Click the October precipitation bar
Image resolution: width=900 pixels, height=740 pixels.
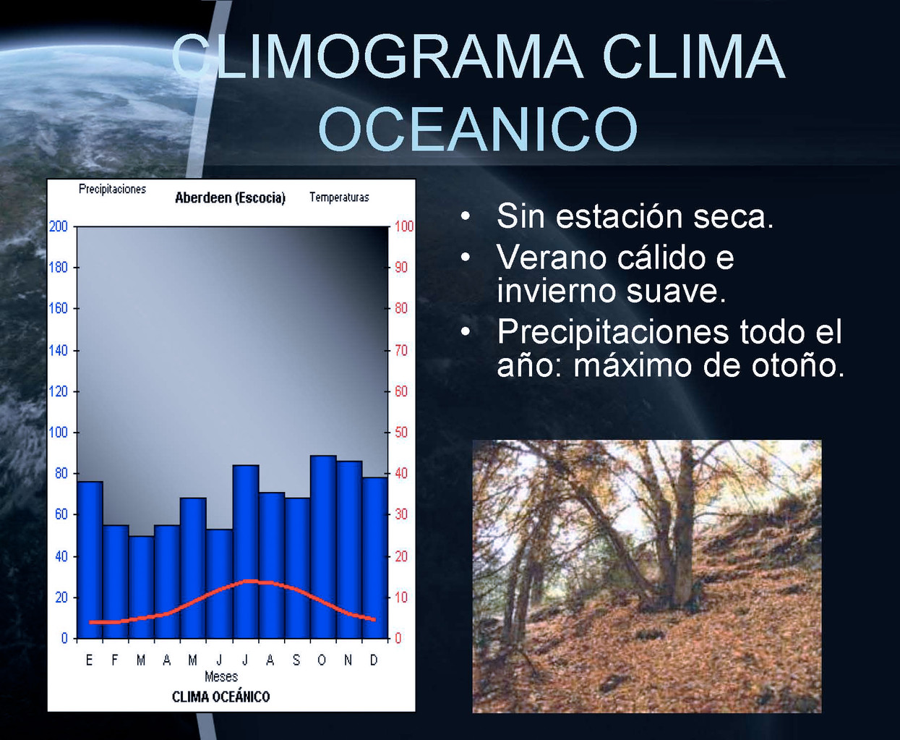click(323, 547)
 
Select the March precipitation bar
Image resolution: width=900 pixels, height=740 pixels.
click(141, 587)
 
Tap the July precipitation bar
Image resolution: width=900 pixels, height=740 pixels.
click(246, 552)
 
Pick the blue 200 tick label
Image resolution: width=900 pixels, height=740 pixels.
click(59, 226)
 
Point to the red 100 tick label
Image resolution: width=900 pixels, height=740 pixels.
click(404, 226)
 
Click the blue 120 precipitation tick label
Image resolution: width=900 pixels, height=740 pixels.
click(59, 391)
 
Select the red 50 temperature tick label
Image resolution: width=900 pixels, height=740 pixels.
click(401, 432)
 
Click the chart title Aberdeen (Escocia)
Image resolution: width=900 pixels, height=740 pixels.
click(230, 197)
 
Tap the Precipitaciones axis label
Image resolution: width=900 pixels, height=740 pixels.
click(112, 190)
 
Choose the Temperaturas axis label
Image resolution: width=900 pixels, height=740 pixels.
click(339, 197)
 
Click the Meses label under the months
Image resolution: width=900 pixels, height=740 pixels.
click(221, 676)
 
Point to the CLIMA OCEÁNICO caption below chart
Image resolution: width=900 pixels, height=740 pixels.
click(220, 697)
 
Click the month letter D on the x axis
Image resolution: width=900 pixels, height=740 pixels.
click(374, 660)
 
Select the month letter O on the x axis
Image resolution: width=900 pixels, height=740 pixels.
click(322, 660)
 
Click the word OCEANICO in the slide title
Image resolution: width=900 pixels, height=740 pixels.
click(478, 128)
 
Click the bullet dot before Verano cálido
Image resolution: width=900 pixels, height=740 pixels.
click(466, 257)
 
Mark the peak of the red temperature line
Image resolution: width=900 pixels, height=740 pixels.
click(251, 581)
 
